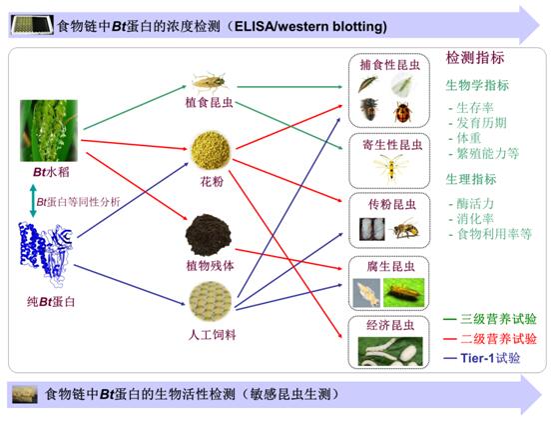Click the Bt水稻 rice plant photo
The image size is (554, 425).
click(x=49, y=131)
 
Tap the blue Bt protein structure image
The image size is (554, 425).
click(x=46, y=249)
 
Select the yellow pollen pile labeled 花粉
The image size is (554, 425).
click(x=211, y=150)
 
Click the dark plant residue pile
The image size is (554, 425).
click(x=209, y=235)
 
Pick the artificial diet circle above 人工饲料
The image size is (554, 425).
click(x=211, y=301)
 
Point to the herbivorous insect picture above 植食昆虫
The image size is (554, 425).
click(x=209, y=82)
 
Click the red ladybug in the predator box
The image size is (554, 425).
click(x=403, y=112)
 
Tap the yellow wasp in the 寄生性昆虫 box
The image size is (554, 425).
click(x=390, y=168)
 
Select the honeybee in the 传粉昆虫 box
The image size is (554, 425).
click(x=405, y=229)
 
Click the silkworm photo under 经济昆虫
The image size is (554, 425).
click(x=390, y=351)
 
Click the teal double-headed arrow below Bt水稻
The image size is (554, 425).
click(x=33, y=200)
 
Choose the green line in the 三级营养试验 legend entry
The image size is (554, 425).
click(x=450, y=319)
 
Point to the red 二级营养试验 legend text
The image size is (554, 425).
click(x=498, y=339)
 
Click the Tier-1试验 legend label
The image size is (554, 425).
click(x=490, y=358)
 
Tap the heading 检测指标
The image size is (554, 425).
click(x=475, y=58)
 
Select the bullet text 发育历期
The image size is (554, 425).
click(x=481, y=123)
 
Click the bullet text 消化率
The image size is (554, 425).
click(x=475, y=219)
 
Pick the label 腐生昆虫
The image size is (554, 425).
click(x=390, y=266)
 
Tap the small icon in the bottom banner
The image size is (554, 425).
click(x=24, y=394)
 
